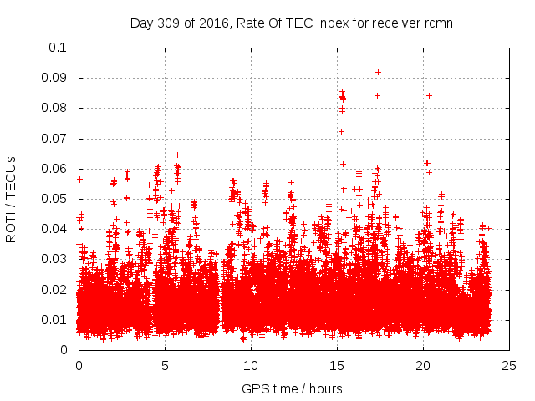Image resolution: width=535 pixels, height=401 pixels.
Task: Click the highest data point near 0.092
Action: [x=378, y=72]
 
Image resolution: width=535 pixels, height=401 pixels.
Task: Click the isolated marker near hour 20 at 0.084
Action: [x=429, y=95]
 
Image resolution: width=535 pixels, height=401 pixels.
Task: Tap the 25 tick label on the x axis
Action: [x=510, y=365]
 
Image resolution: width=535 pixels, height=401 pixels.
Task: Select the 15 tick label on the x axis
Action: [x=337, y=365]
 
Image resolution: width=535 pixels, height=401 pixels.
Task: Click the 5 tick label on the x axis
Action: [x=165, y=365]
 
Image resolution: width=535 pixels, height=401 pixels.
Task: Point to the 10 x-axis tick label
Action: [x=251, y=365]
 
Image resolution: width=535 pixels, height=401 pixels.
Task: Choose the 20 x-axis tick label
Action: [x=423, y=365]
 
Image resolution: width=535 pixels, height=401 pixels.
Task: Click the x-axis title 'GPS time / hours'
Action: [x=292, y=388]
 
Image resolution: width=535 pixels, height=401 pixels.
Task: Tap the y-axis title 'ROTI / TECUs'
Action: [x=11, y=199]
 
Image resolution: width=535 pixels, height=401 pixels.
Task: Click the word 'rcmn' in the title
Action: [x=438, y=23]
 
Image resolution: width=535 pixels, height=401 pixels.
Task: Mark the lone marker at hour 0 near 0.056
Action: [x=79, y=180]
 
